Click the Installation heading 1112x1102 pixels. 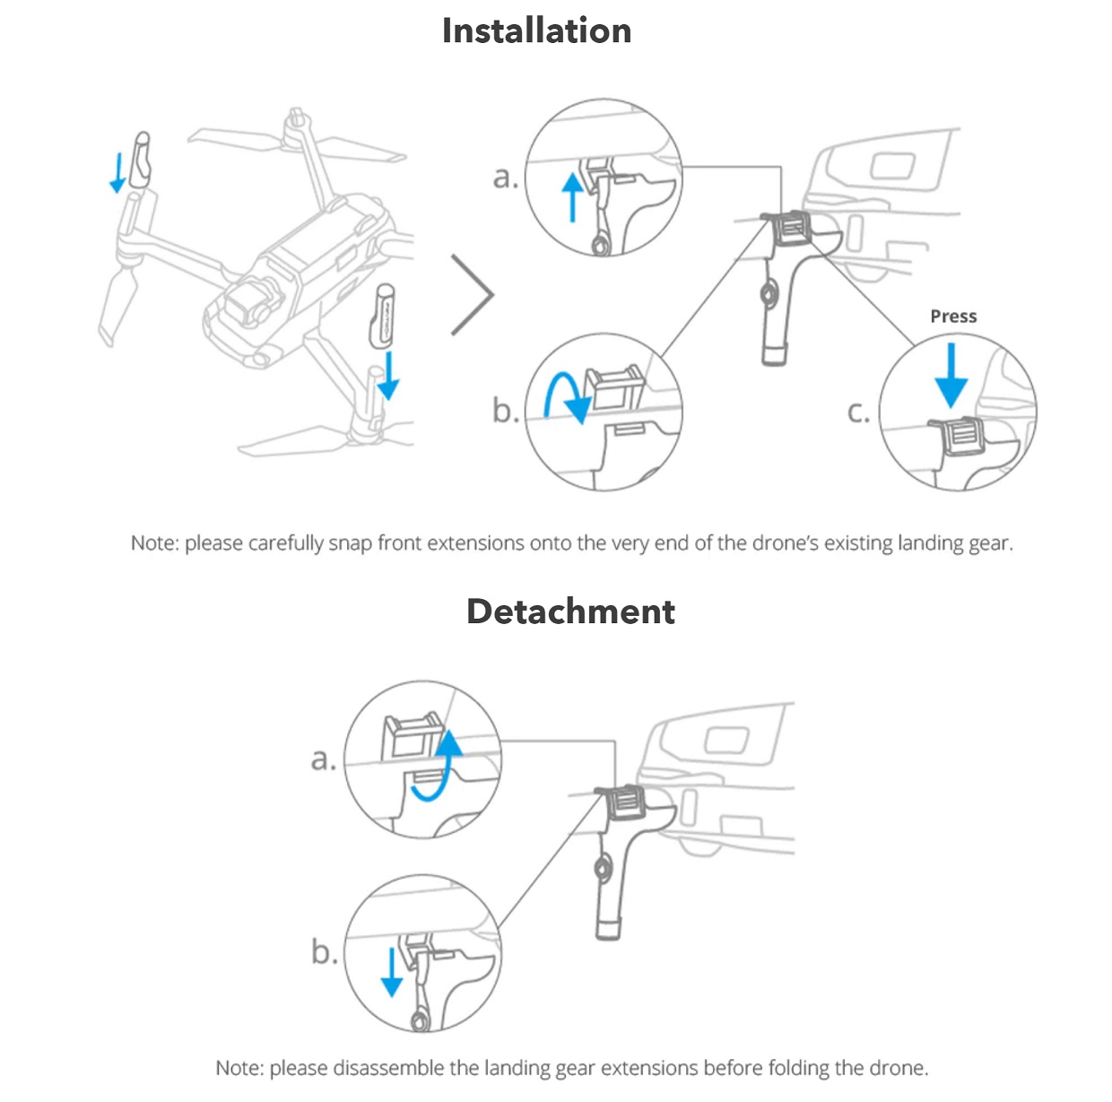[536, 30]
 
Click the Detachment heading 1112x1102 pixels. [570, 612]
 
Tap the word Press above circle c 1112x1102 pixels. [953, 317]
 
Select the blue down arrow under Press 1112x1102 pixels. [951, 375]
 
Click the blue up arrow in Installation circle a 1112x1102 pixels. [571, 197]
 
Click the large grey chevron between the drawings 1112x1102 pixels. [473, 294]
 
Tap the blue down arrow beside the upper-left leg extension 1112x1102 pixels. [117, 172]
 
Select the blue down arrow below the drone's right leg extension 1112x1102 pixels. [388, 375]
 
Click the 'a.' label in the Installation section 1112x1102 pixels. [506, 178]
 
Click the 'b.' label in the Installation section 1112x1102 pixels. [506, 410]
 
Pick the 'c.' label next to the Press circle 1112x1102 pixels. [858, 412]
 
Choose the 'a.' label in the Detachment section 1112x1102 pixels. [323, 759]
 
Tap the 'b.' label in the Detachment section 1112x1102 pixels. [325, 951]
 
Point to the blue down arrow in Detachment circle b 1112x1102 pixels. [392, 972]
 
